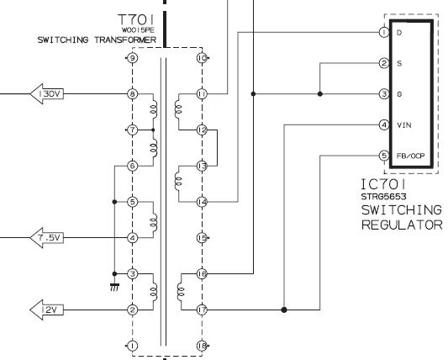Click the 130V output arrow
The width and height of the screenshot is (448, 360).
[x=46, y=94]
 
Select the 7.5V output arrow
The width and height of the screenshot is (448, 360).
[x=46, y=238]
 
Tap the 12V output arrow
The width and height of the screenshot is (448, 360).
[x=46, y=310]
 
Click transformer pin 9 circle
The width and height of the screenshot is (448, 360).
[x=132, y=58]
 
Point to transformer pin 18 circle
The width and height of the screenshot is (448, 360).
[x=202, y=346]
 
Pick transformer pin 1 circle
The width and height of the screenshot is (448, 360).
[x=132, y=346]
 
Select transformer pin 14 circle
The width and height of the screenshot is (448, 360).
[x=202, y=202]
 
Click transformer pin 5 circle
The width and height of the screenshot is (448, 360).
[x=132, y=202]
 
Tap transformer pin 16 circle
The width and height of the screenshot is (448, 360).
[x=202, y=274]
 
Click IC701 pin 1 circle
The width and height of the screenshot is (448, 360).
[x=384, y=32]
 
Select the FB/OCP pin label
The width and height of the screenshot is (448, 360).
[x=410, y=156]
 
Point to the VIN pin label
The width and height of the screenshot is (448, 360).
[x=404, y=125]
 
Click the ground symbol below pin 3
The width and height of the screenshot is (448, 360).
[x=114, y=287]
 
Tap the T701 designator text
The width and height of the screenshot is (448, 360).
[x=136, y=19]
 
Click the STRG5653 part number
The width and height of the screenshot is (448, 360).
[x=383, y=197]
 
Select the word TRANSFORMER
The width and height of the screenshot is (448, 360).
[x=125, y=40]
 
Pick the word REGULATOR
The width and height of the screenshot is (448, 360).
[x=402, y=225]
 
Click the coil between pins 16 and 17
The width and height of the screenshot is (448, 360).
[x=181, y=292]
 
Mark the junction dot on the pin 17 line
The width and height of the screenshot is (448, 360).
[x=284, y=310]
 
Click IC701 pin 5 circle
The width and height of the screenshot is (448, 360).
[x=384, y=156]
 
